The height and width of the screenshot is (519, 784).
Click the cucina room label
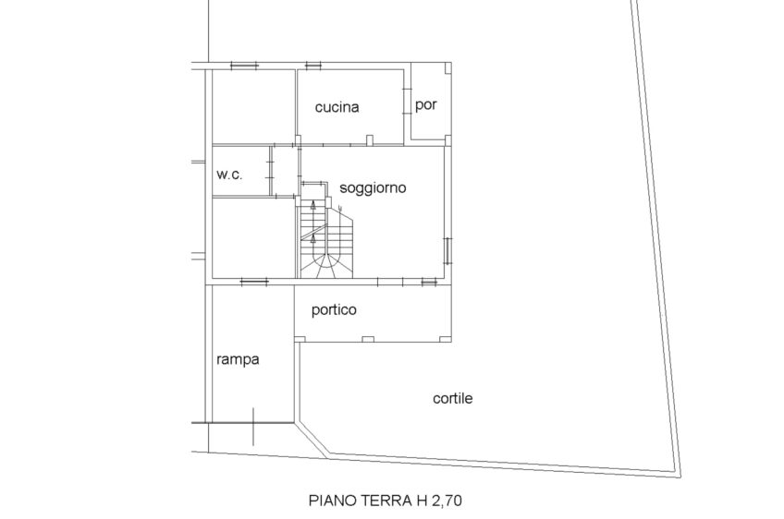337,107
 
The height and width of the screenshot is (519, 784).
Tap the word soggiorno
373,188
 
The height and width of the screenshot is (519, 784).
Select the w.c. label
229,175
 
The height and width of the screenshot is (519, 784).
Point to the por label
426,105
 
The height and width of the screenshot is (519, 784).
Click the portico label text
334,309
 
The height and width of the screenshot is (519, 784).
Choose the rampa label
238,359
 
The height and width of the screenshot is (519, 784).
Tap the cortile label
452,398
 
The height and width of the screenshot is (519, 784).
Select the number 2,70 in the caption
445,500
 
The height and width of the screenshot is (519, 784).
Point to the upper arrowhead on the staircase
313,203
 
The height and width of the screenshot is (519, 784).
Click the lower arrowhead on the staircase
313,237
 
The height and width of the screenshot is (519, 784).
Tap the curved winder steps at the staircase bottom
326,266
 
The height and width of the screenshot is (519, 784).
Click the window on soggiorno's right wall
447,250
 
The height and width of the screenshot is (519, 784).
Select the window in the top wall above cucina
313,65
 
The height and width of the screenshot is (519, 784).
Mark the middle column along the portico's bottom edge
368,340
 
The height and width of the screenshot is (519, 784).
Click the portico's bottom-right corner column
445,339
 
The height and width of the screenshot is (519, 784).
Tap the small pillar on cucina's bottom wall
370,140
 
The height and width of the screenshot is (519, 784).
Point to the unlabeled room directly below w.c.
253,237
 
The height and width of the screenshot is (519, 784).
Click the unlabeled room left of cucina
253,107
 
